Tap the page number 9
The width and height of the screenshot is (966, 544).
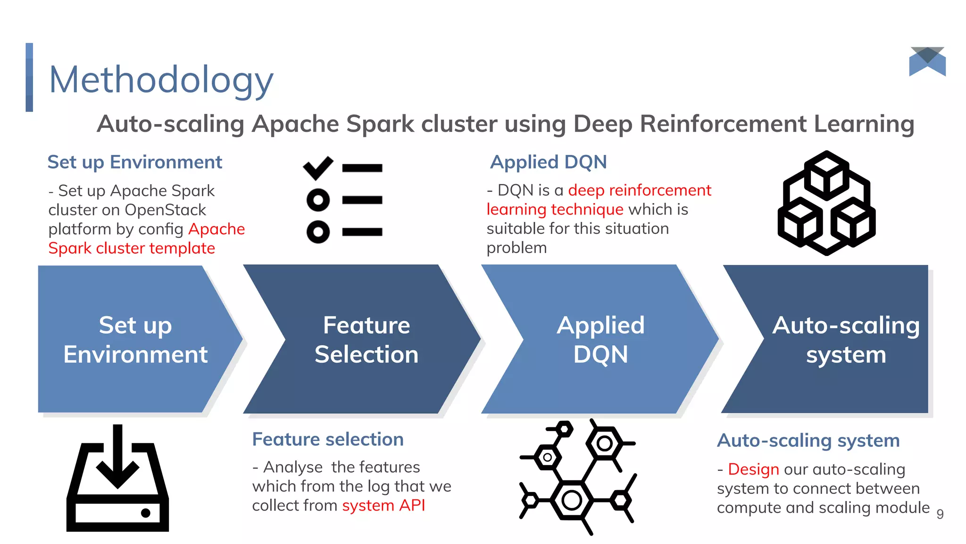[x=940, y=514]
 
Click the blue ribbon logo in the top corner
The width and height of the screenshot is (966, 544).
[x=927, y=61]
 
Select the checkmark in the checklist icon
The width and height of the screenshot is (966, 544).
[x=318, y=168]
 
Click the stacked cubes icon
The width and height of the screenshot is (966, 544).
[x=826, y=203]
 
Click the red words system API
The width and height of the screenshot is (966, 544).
[x=383, y=505]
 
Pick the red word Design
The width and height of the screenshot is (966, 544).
[x=753, y=469]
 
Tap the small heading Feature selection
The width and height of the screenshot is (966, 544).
[x=328, y=439]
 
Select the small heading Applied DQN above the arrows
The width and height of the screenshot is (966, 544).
[x=548, y=162]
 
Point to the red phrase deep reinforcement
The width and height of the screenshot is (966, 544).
[x=639, y=190]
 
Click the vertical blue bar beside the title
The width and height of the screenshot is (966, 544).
[x=29, y=77]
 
